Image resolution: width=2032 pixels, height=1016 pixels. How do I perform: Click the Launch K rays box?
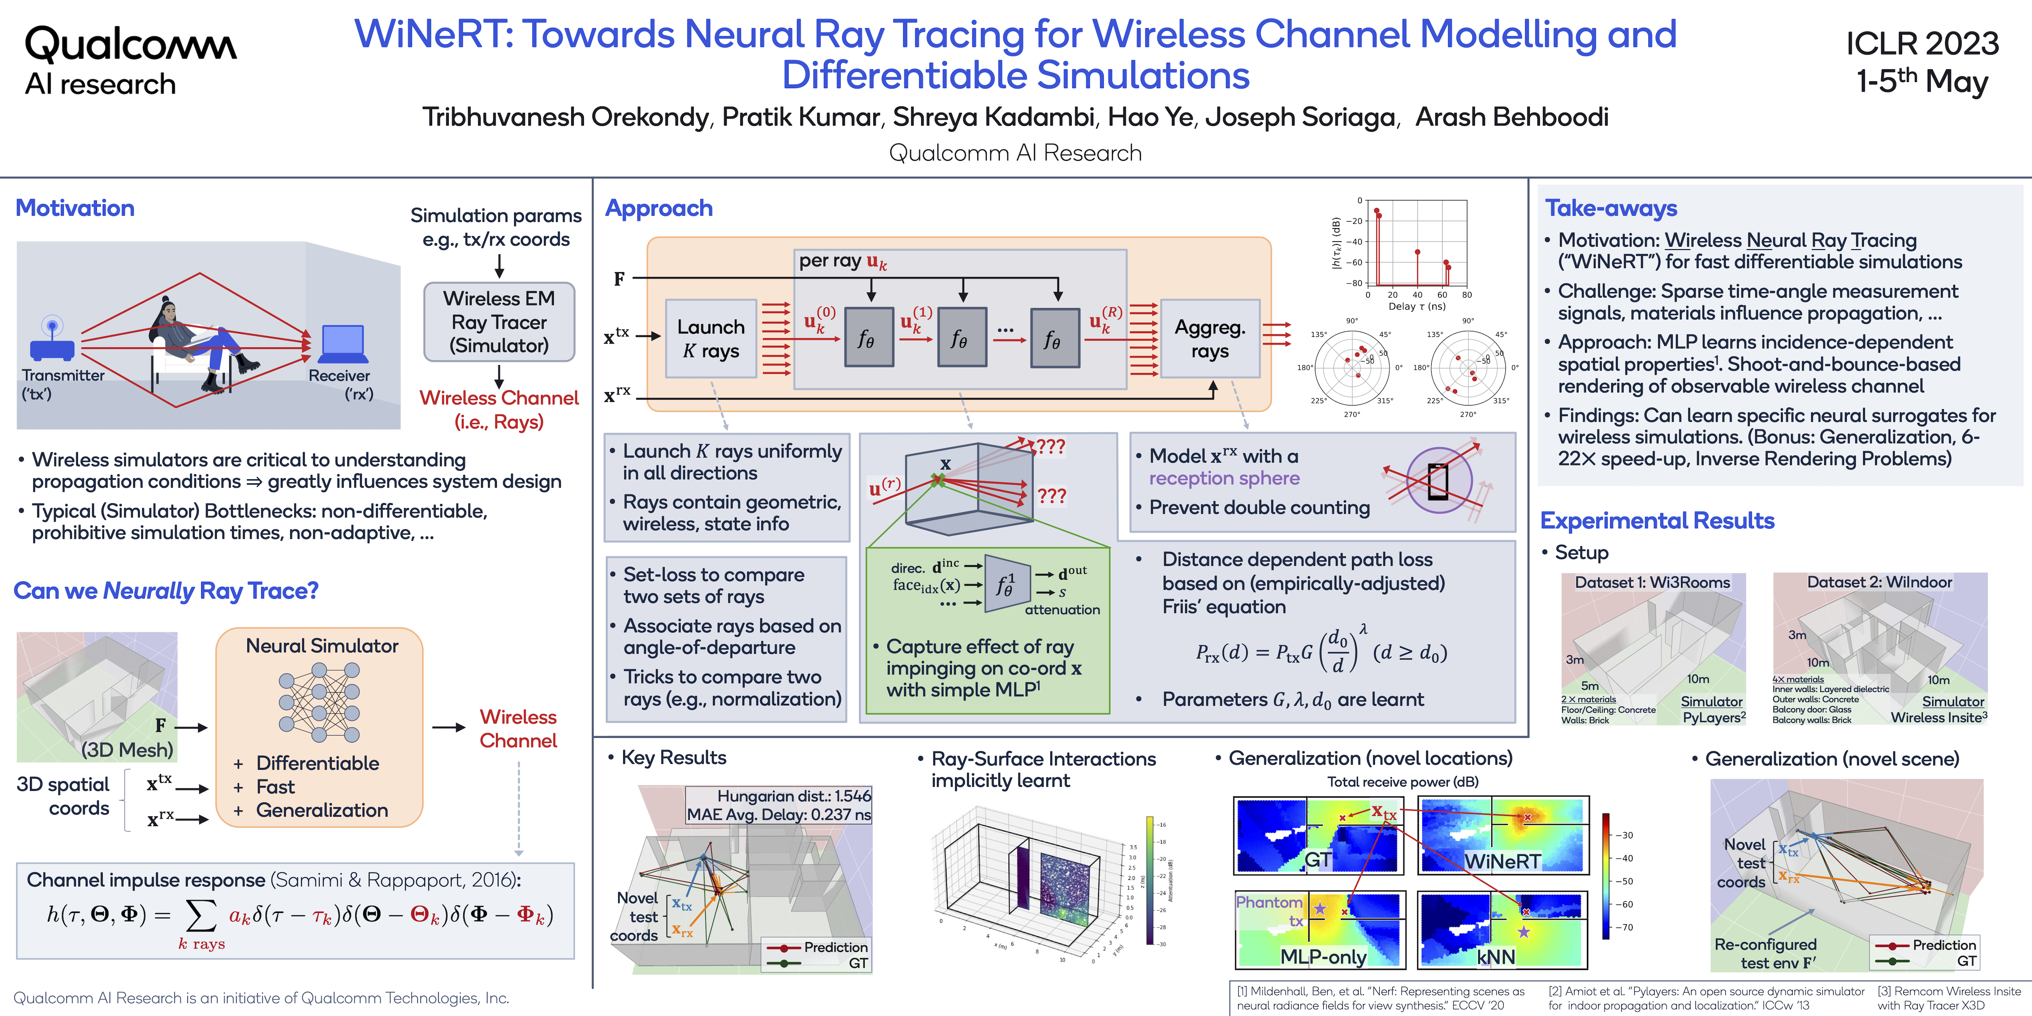coord(711,339)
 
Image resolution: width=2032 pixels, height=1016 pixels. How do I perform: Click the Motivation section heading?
coord(75,208)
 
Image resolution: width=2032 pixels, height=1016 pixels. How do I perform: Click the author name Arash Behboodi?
coord(1511,117)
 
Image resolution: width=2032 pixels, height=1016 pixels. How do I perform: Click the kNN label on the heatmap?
coord(1495,957)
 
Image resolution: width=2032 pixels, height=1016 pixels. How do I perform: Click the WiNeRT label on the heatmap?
coord(1502,861)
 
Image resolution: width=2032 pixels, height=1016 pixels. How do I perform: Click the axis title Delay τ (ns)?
coord(1417,306)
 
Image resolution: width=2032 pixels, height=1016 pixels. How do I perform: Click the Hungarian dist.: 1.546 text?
coord(794,796)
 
